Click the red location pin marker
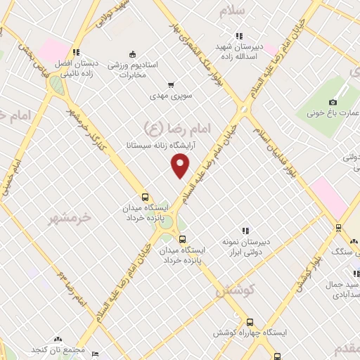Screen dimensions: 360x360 (181, 166)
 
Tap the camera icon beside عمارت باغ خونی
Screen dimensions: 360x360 (333, 102)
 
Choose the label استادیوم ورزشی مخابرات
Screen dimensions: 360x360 (138, 69)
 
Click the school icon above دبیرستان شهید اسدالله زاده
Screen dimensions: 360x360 (239, 36)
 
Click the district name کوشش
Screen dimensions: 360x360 (236, 288)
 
